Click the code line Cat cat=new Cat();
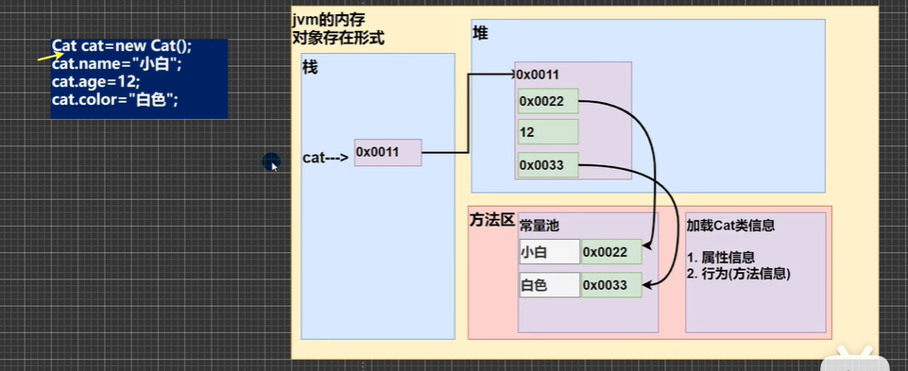click(x=122, y=47)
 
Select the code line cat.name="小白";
click(x=115, y=64)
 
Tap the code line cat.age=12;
click(x=95, y=82)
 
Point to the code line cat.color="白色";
click(x=115, y=99)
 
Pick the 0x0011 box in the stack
click(x=387, y=152)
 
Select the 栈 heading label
click(x=310, y=69)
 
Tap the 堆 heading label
click(x=480, y=34)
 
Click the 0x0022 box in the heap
click(x=547, y=100)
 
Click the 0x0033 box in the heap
click(x=547, y=166)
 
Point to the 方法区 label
click(x=492, y=220)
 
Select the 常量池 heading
click(x=540, y=227)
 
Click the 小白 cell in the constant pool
click(x=549, y=251)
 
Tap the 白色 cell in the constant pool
click(x=549, y=285)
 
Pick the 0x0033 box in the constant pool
click(x=611, y=285)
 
